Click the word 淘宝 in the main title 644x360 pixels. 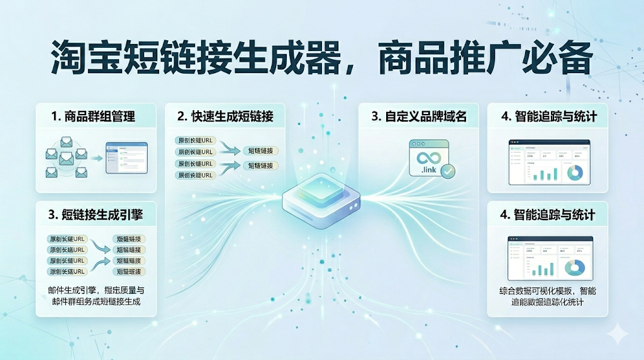(92, 60)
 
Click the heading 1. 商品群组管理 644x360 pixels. (94, 116)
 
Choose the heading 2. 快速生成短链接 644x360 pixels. (225, 116)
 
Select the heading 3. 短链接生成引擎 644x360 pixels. (95, 215)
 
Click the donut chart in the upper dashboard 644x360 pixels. (576, 172)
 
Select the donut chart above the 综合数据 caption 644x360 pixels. (575, 267)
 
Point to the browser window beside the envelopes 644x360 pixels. (126, 158)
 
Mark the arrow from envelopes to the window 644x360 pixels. (95, 159)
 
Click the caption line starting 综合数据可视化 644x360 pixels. (547, 291)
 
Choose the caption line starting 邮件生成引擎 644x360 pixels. (96, 290)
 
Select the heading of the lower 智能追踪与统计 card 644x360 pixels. (547, 215)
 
